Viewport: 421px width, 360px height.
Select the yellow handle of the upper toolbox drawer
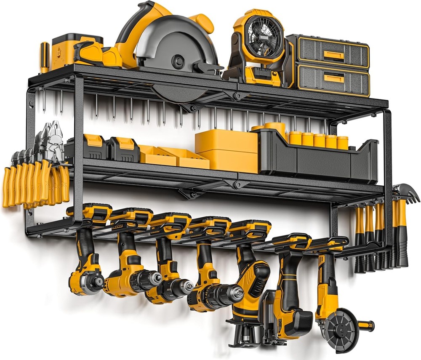(332, 54)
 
